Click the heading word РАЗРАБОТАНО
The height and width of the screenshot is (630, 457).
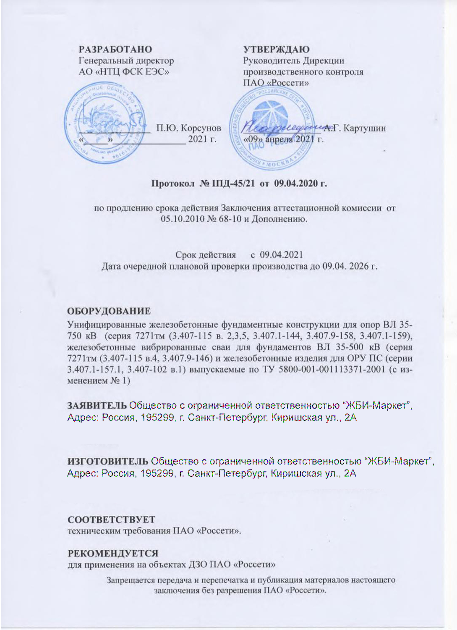click(115, 50)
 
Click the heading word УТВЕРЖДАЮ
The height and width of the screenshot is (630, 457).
click(276, 50)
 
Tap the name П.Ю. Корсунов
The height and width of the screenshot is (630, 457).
click(188, 128)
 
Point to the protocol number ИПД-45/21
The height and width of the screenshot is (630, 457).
click(232, 184)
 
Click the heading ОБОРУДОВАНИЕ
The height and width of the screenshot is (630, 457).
click(109, 311)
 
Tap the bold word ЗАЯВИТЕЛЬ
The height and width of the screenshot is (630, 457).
click(97, 405)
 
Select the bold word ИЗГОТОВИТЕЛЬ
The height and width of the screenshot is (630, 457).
click(108, 461)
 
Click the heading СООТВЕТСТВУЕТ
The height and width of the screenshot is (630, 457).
click(112, 520)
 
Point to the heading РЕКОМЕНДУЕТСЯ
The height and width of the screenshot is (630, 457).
click(113, 553)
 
